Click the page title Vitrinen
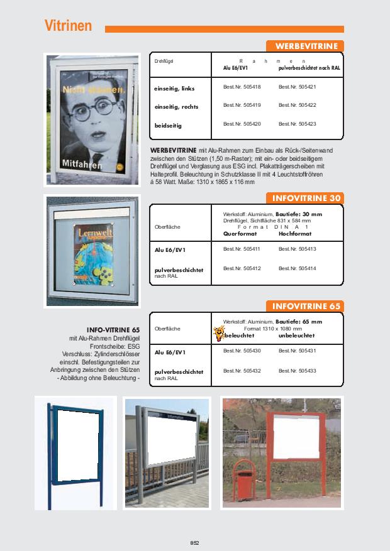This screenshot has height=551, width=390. point(68,26)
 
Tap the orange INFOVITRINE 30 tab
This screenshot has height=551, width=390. point(306,199)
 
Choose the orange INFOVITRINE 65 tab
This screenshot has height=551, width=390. point(306,306)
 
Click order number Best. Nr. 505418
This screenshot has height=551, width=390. point(242,87)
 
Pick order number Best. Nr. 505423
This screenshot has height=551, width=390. point(297,124)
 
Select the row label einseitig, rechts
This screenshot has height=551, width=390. point(177,107)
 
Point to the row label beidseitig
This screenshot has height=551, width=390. point(168,126)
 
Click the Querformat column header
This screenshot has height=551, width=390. point(240,234)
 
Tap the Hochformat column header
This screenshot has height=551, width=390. point(295,234)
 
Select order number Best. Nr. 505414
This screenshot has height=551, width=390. point(297,268)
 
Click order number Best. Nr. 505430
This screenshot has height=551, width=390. point(242,350)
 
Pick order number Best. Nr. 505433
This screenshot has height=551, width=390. point(297,371)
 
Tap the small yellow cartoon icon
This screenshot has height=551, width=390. point(220,332)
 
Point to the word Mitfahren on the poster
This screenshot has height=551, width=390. point(81,163)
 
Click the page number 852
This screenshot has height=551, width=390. point(195,542)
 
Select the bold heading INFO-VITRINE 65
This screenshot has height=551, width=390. point(113,329)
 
